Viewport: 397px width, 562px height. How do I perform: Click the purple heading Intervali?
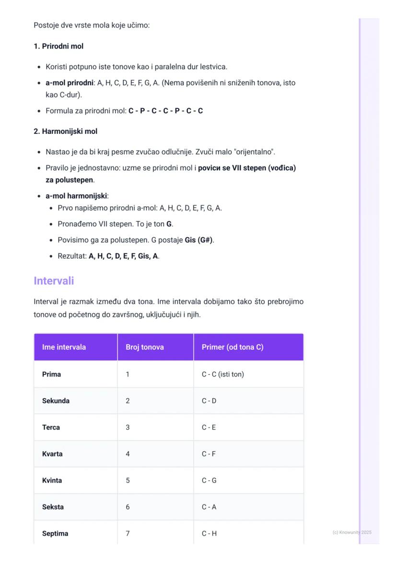[54, 281]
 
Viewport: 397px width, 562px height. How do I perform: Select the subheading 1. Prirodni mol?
[58, 47]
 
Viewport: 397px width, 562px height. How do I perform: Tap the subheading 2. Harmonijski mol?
[65, 131]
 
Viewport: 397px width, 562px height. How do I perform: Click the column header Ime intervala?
[64, 347]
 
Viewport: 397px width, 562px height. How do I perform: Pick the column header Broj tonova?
[144, 347]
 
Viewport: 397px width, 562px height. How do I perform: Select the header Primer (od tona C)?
[233, 347]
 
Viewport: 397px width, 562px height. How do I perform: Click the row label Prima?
[51, 374]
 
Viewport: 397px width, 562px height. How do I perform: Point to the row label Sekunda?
[56, 401]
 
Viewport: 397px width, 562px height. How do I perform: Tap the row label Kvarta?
[52, 454]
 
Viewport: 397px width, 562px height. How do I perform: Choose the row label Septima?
[55, 533]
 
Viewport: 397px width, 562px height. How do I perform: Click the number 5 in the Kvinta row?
[128, 480]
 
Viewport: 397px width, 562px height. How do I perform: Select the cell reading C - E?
[209, 427]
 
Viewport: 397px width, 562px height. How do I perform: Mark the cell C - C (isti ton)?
[222, 374]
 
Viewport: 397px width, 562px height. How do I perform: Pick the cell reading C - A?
[209, 507]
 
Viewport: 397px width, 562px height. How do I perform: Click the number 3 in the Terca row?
[128, 427]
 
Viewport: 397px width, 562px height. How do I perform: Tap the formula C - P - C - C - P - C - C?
[165, 111]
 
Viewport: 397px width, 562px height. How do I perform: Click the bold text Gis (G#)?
[199, 240]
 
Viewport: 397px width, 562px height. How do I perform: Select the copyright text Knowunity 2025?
[352, 532]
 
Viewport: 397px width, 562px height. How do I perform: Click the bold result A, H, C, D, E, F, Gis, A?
[123, 256]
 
